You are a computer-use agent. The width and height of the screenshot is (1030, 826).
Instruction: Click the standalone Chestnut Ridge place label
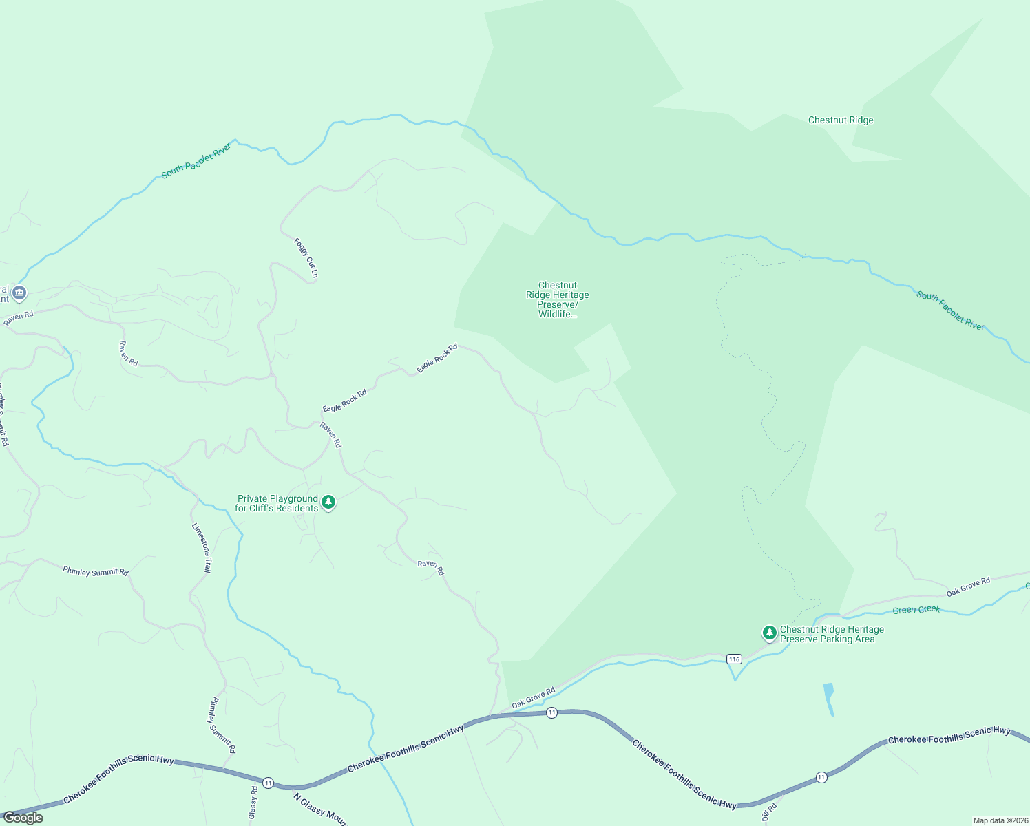[840, 120]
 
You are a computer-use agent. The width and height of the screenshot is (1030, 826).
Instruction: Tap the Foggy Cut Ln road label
[306, 258]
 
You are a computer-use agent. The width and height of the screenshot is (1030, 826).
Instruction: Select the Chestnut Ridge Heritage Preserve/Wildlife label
[558, 299]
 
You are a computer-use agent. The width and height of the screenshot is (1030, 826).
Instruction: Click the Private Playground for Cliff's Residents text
[277, 503]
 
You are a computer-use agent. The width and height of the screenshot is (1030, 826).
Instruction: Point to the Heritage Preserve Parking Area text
[832, 634]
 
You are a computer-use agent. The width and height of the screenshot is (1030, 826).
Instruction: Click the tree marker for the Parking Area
[769, 633]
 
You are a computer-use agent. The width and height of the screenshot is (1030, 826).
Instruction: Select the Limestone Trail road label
[202, 548]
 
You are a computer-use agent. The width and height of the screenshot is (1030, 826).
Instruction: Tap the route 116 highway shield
[734, 659]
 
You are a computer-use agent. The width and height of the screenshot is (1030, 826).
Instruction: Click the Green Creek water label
[916, 609]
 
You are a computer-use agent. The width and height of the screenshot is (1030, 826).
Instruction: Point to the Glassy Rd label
[253, 803]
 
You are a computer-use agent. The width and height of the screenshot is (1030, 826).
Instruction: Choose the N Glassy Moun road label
[319, 809]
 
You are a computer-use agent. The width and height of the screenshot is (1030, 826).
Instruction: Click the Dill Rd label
[770, 812]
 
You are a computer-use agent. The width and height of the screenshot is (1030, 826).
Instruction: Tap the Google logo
[23, 818]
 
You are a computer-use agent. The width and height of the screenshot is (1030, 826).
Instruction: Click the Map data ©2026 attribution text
[1000, 820]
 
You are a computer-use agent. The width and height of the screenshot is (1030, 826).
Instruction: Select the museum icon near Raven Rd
[19, 293]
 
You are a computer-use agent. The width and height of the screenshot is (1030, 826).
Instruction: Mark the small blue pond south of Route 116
[829, 698]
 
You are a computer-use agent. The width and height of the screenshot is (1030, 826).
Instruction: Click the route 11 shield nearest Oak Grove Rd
[551, 713]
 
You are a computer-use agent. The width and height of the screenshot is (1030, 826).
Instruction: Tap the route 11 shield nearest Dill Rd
[821, 777]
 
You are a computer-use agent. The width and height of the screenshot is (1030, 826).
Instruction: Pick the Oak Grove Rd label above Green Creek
[968, 586]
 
